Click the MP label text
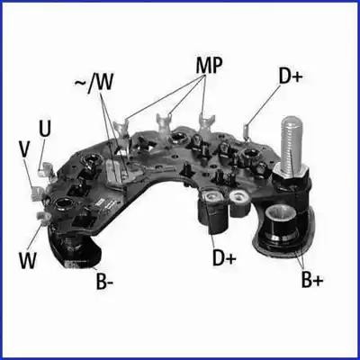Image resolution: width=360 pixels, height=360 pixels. click(x=209, y=65)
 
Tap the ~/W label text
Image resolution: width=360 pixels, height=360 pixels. click(x=94, y=82)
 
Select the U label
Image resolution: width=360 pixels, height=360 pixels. click(x=45, y=129)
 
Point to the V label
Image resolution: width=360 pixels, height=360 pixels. click(x=25, y=148)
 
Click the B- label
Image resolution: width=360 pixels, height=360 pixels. click(x=104, y=281)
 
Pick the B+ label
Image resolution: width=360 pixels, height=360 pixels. click(x=312, y=280)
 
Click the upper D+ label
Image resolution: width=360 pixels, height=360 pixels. click(x=291, y=76)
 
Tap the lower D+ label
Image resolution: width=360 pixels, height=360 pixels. click(x=224, y=257)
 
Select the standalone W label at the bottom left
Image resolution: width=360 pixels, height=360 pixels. click(x=28, y=260)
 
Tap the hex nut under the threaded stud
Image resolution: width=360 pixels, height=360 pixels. click(x=290, y=177)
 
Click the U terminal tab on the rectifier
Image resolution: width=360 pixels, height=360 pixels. click(x=46, y=169)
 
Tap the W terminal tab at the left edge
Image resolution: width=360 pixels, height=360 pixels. click(x=43, y=217)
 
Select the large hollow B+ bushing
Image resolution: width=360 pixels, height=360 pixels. click(x=281, y=223)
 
